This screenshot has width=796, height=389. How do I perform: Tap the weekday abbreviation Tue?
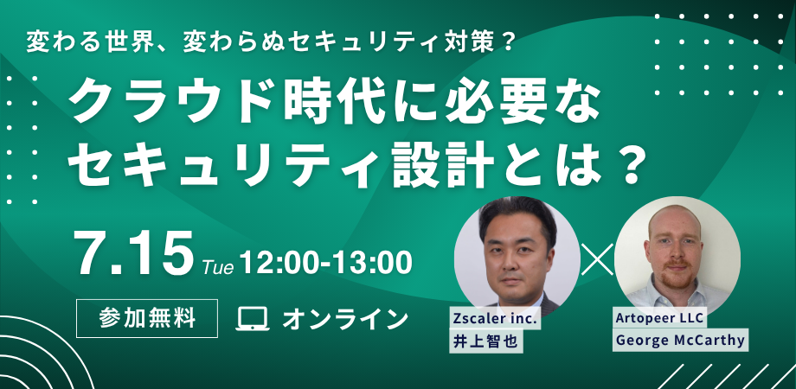(x=218, y=267)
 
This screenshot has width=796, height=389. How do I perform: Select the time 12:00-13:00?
(x=325, y=263)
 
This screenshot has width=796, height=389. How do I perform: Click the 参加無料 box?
(x=147, y=318)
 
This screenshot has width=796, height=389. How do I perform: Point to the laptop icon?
(x=253, y=319)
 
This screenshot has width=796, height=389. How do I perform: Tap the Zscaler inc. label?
(x=495, y=320)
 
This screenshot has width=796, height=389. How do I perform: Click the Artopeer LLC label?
(x=659, y=318)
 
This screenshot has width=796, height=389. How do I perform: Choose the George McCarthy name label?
(x=680, y=340)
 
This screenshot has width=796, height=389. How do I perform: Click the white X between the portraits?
(x=597, y=259)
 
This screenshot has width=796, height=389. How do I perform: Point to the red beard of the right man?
(x=676, y=277)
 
